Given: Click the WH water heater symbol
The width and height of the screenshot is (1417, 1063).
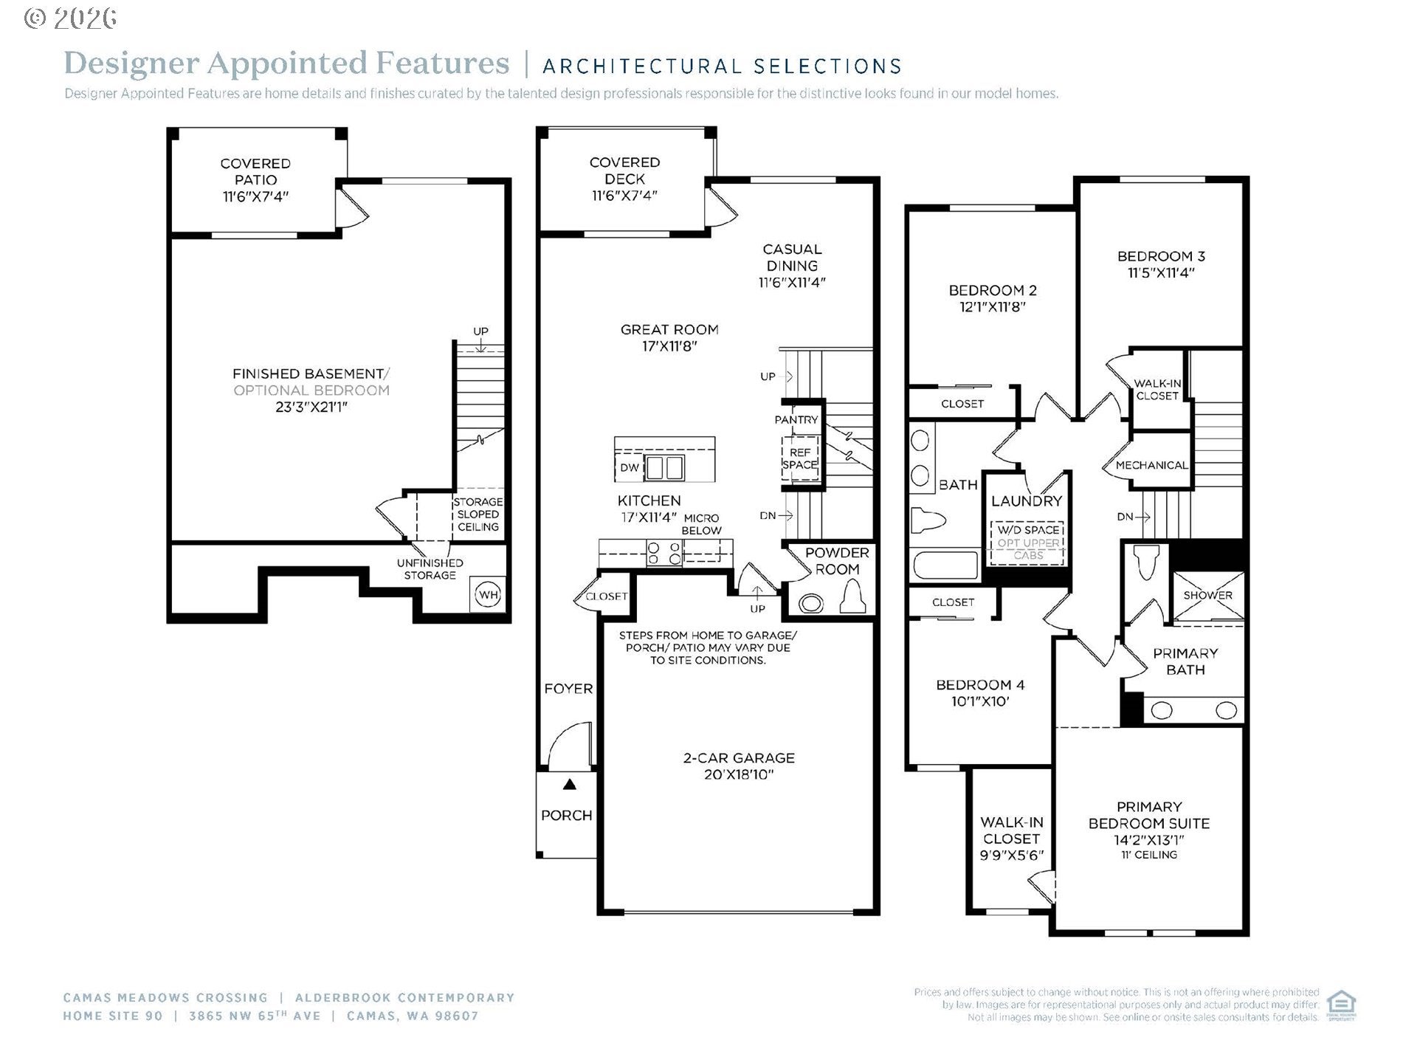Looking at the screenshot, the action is [x=488, y=594].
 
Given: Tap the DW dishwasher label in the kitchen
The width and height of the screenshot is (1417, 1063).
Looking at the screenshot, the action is [x=629, y=467].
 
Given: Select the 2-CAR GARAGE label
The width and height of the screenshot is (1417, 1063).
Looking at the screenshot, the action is [x=739, y=757].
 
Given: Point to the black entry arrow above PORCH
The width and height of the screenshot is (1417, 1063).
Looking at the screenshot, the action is [x=569, y=784].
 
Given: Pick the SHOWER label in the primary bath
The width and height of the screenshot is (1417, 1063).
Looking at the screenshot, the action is [x=1207, y=595].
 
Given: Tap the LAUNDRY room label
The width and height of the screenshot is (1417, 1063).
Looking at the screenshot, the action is [x=1027, y=500].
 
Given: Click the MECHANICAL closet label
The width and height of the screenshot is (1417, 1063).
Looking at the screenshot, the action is [x=1152, y=465].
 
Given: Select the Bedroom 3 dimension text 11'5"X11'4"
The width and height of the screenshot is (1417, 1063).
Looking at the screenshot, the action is [x=1161, y=272].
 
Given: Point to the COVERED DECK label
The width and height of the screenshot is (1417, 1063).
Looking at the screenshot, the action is [x=624, y=171].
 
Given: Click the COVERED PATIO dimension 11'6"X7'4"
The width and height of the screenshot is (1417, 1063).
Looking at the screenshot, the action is [x=255, y=196].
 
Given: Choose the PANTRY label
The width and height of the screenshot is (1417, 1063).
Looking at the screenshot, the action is [x=796, y=419].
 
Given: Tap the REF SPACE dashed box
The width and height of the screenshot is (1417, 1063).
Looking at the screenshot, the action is [x=800, y=458].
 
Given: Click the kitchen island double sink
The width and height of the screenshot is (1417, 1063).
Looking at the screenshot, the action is [x=664, y=468].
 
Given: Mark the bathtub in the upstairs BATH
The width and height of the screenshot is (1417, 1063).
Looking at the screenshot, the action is [x=945, y=565].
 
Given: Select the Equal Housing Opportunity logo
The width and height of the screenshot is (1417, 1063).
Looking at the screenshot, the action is [x=1341, y=1005].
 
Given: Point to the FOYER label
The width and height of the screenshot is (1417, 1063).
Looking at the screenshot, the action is [x=568, y=689].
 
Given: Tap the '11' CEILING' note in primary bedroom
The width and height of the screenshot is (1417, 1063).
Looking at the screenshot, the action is [x=1149, y=855].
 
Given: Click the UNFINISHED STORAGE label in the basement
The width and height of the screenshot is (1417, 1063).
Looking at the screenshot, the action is [x=430, y=569].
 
